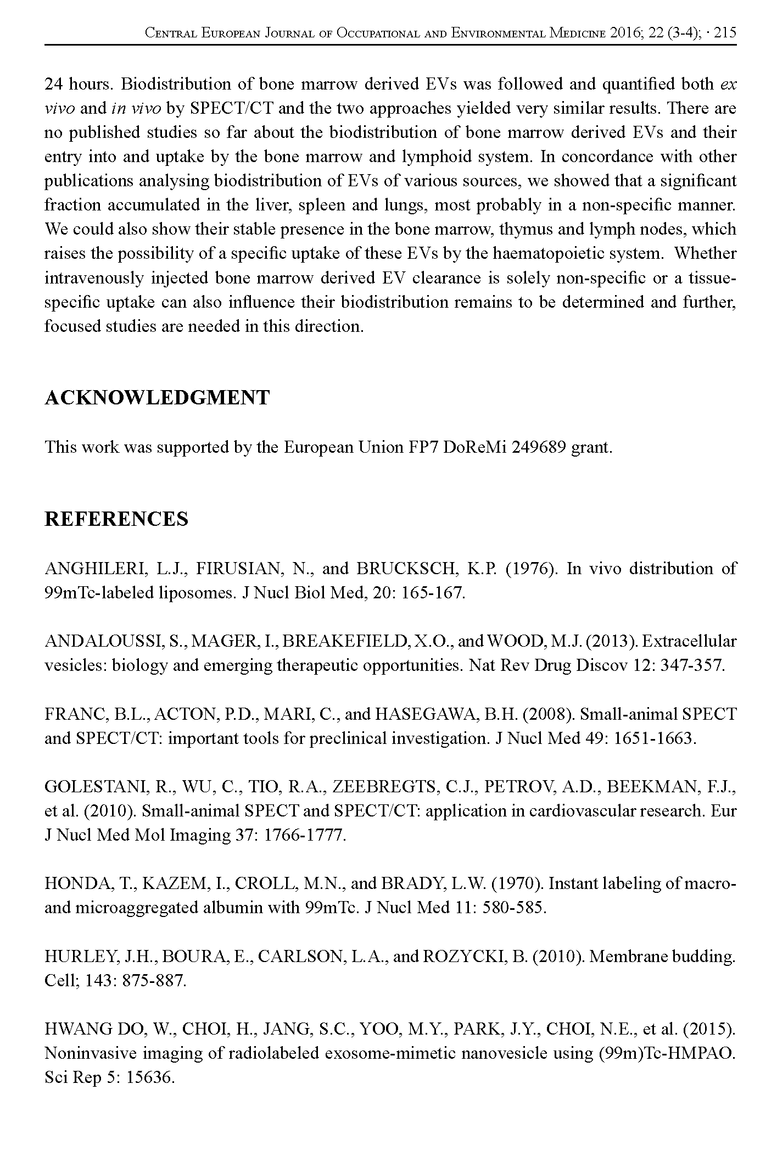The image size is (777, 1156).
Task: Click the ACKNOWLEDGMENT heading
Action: point(157,398)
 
